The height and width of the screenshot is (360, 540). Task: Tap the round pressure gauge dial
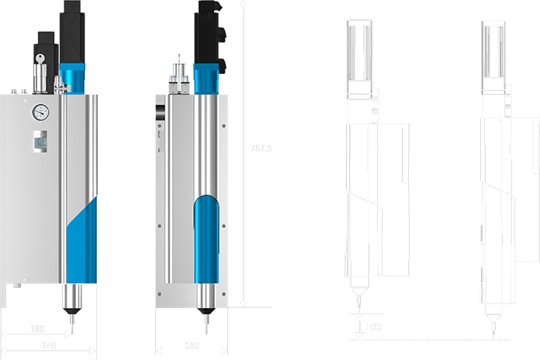40,112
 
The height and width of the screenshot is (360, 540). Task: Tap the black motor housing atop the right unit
207,31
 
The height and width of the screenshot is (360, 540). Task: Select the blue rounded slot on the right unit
206,241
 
